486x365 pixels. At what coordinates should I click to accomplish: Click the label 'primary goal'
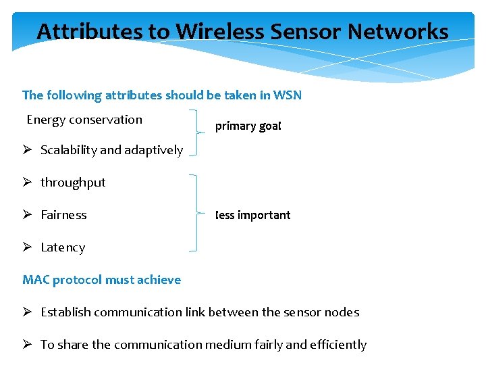coord(248,126)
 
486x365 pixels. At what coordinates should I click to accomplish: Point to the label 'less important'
coord(253,215)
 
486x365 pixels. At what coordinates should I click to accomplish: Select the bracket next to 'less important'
coord(195,213)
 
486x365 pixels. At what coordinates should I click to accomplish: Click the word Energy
coord(46,120)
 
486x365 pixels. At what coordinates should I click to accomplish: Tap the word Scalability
coord(68,150)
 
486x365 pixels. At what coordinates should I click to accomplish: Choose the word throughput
coord(73,182)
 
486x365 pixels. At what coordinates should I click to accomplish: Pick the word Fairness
coord(63,215)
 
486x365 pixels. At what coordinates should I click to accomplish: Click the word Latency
coord(63,247)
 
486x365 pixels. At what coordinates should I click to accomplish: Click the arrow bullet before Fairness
coord(28,215)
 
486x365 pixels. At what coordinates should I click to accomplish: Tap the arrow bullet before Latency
coord(28,247)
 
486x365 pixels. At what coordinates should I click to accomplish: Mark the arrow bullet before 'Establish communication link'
coord(28,312)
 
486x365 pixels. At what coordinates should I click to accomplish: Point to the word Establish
coord(66,312)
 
